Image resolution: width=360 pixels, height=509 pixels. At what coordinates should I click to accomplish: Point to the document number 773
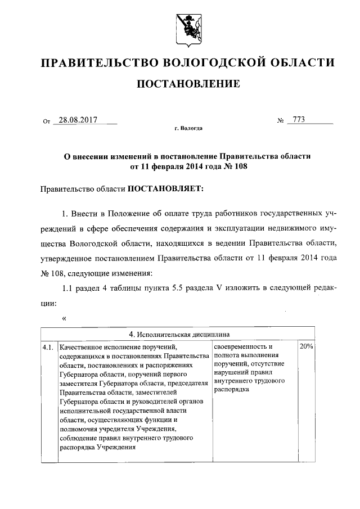pyautogui.click(x=298, y=120)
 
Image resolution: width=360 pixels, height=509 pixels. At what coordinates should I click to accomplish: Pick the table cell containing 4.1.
pyautogui.click(x=49, y=347)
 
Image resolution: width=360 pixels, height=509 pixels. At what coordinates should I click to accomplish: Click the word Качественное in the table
pyautogui.click(x=83, y=347)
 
